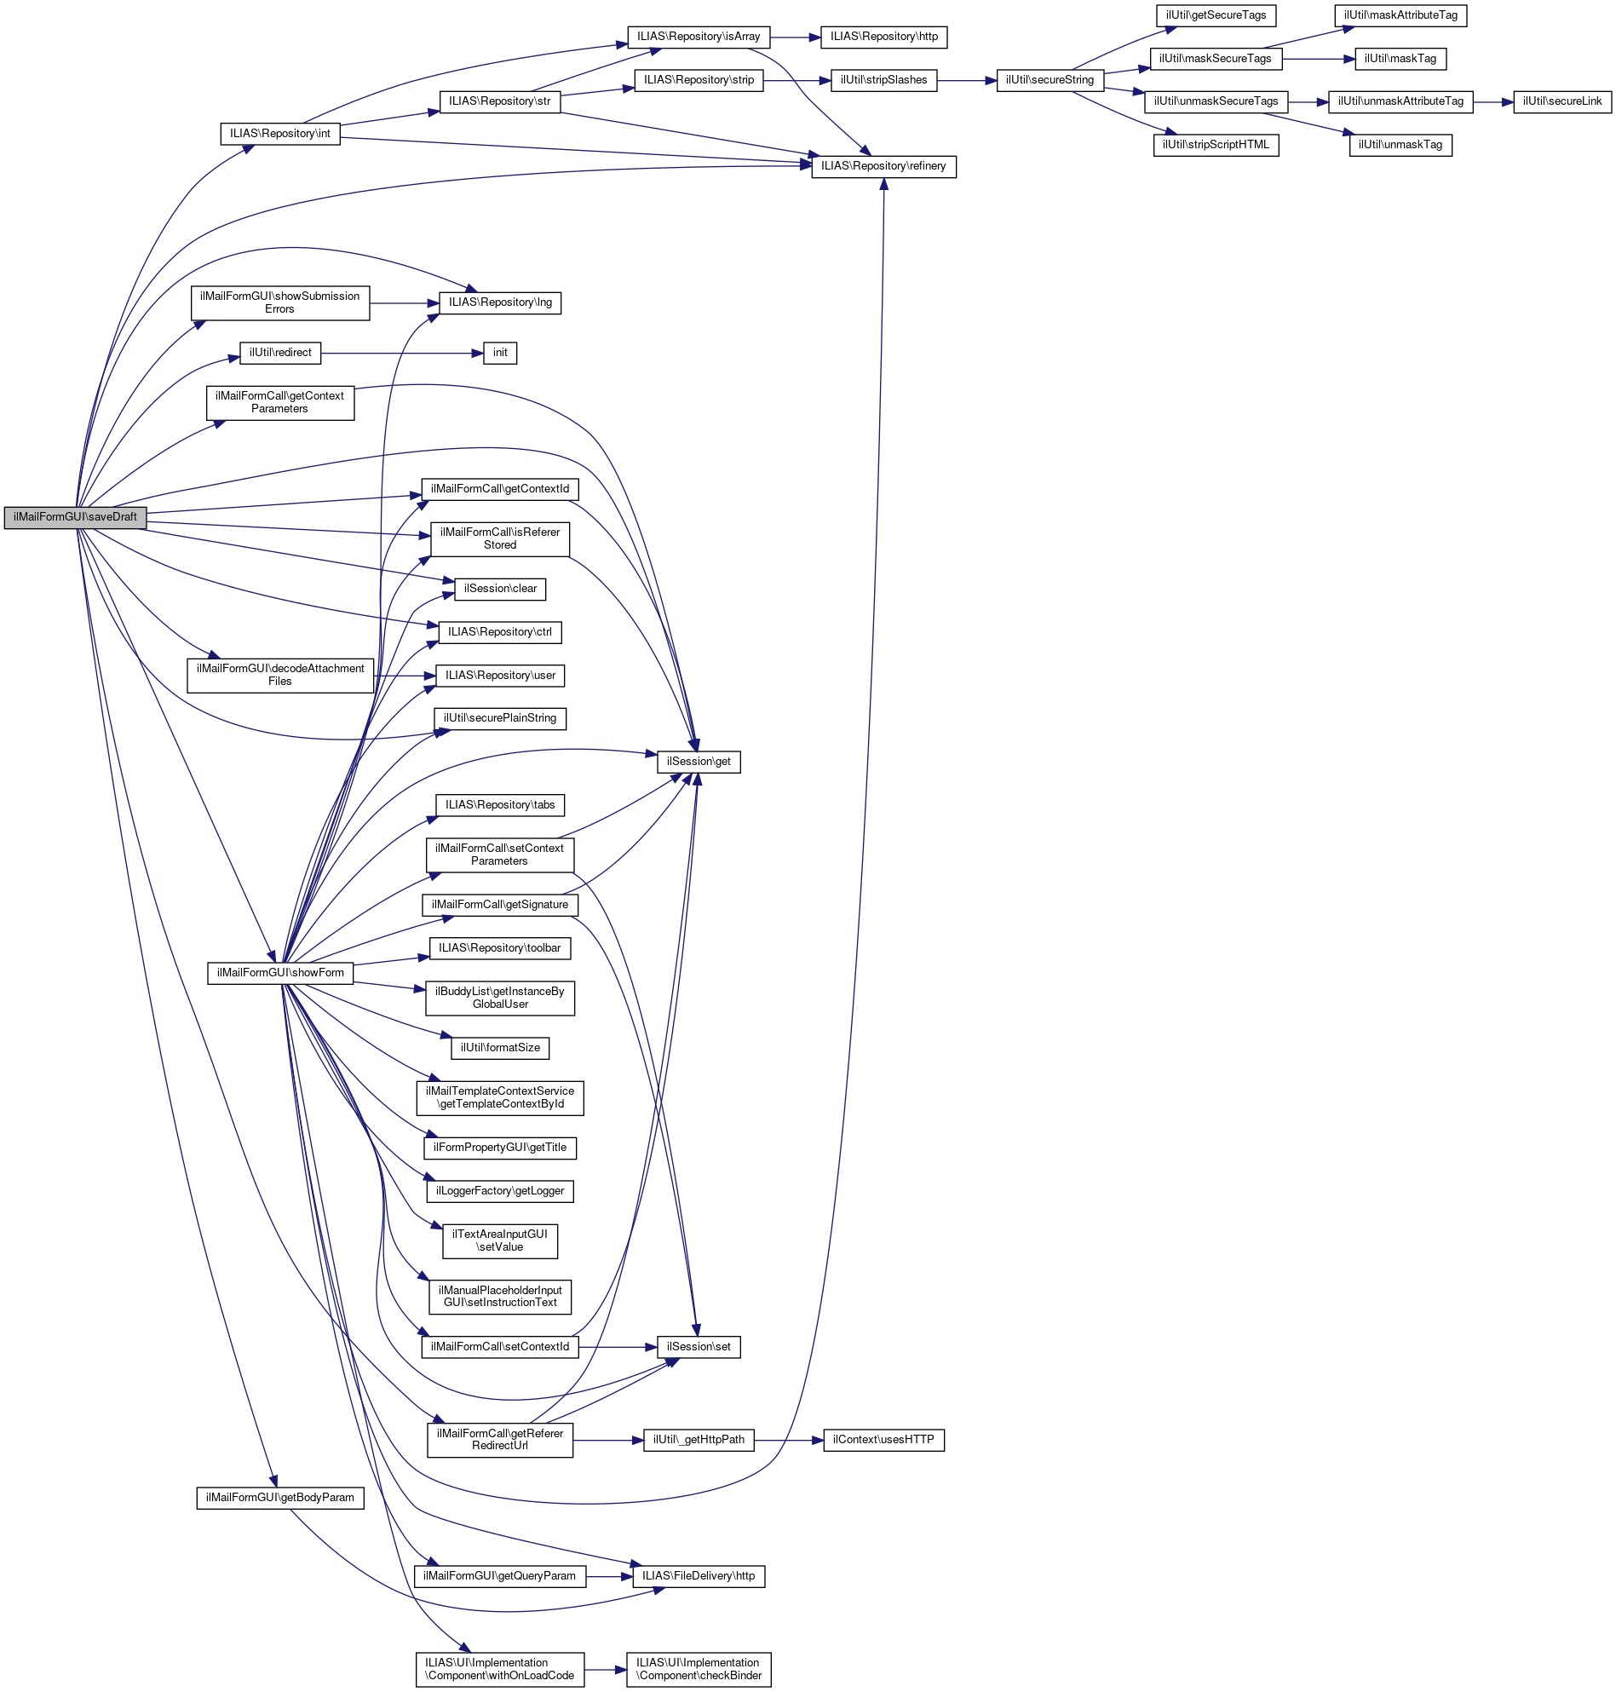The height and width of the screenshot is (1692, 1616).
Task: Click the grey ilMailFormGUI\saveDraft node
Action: (x=75, y=517)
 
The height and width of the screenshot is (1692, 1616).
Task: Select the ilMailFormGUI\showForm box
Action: (x=280, y=973)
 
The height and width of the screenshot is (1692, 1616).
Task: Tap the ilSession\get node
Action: (x=699, y=762)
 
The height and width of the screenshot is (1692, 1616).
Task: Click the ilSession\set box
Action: (x=699, y=1347)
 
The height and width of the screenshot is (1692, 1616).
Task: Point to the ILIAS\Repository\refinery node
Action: (x=883, y=166)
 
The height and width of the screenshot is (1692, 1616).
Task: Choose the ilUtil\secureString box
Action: (x=1050, y=80)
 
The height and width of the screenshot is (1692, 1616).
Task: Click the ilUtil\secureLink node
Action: (x=1561, y=101)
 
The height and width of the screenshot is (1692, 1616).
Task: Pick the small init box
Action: (x=499, y=354)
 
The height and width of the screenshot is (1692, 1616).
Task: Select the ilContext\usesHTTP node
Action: (x=883, y=1440)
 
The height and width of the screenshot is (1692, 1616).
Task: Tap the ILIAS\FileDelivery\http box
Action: (x=699, y=1575)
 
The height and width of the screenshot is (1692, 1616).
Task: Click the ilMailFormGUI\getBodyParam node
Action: (x=280, y=1497)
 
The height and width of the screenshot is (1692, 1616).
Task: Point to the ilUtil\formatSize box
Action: (x=499, y=1048)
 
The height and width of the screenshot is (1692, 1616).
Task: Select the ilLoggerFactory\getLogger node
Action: (x=499, y=1190)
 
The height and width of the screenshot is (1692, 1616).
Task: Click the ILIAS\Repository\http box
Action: (x=883, y=37)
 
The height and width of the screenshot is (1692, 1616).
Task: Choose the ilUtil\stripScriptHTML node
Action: (x=1216, y=145)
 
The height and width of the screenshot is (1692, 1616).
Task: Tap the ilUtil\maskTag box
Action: (x=1400, y=59)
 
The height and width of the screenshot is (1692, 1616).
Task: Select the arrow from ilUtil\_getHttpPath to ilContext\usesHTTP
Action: (x=788, y=1440)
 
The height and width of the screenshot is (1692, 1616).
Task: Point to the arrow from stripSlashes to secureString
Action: (x=966, y=80)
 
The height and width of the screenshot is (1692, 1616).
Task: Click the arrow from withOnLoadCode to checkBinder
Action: (x=605, y=1670)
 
